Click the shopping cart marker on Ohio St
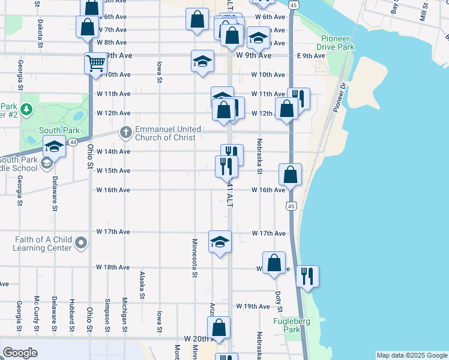point(96,62)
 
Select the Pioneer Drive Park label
point(337,43)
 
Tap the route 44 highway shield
point(73,142)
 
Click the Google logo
point(20,353)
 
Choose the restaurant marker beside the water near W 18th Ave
point(307,276)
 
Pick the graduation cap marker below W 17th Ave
point(220,242)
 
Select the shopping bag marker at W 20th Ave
point(219,328)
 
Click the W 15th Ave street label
point(113,170)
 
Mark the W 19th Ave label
point(253,306)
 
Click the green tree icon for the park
point(26,109)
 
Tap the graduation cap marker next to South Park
point(54,146)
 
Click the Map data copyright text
point(412,355)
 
